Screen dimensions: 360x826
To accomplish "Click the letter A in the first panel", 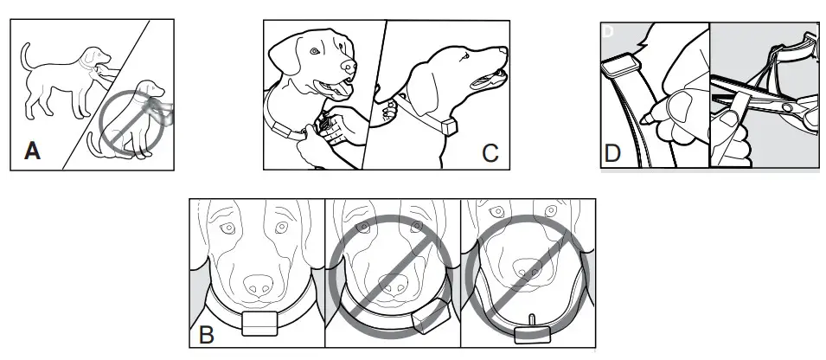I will (x=32, y=151).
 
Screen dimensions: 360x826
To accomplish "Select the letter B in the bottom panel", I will (x=208, y=332).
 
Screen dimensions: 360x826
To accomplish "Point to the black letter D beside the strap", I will (x=613, y=153).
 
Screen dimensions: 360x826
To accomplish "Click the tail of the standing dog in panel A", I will (x=27, y=56).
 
